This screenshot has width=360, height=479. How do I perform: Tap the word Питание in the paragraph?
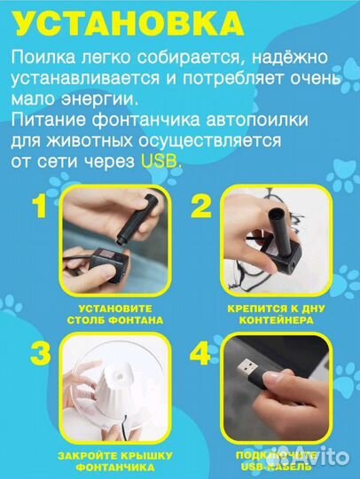point(45,120)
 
